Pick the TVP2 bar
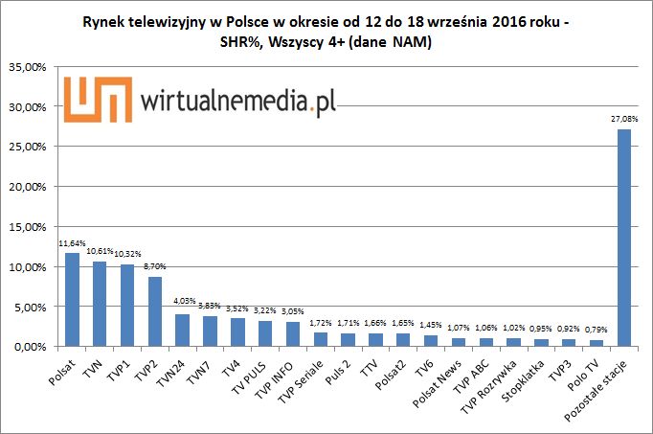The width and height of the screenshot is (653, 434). [x=154, y=311]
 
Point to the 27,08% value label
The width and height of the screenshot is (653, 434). [x=623, y=120]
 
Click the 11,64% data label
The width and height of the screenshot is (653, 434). [x=72, y=244]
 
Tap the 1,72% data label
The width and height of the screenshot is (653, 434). [x=320, y=323]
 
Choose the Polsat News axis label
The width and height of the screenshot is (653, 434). [x=439, y=380]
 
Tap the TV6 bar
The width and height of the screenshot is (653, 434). [x=431, y=340]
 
